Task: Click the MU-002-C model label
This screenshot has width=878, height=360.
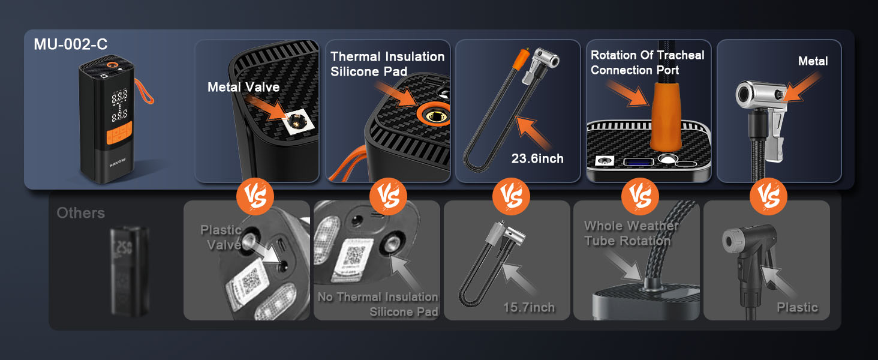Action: pyautogui.click(x=71, y=44)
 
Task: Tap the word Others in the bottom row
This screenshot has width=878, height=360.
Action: pyautogui.click(x=80, y=213)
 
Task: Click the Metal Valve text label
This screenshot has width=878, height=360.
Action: pyautogui.click(x=243, y=88)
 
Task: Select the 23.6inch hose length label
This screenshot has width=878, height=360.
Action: pyautogui.click(x=537, y=158)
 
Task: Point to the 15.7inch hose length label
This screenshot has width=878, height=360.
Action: pyautogui.click(x=529, y=307)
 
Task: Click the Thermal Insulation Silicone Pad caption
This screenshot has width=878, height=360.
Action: pyautogui.click(x=387, y=64)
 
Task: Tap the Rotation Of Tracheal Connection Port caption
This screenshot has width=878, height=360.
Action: pyautogui.click(x=647, y=62)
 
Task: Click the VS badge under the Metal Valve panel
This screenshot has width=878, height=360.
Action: pyautogui.click(x=256, y=196)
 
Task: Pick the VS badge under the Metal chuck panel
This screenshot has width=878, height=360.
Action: pyautogui.click(x=769, y=196)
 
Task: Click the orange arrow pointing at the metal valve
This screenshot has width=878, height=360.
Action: pyautogui.click(x=268, y=110)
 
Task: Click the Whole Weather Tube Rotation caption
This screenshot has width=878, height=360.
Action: pyautogui.click(x=631, y=233)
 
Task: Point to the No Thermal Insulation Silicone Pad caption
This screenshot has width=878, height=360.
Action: pyautogui.click(x=378, y=304)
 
